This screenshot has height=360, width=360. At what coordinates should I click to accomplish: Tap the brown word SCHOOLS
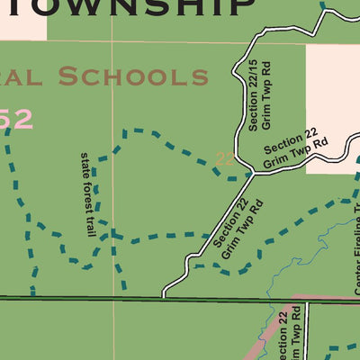133,76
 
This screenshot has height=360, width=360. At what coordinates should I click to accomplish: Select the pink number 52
16,119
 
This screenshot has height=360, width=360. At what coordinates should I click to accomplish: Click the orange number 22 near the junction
226,159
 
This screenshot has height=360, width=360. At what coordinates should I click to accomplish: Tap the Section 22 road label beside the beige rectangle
295,149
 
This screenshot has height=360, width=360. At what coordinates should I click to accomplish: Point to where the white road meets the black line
164,296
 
